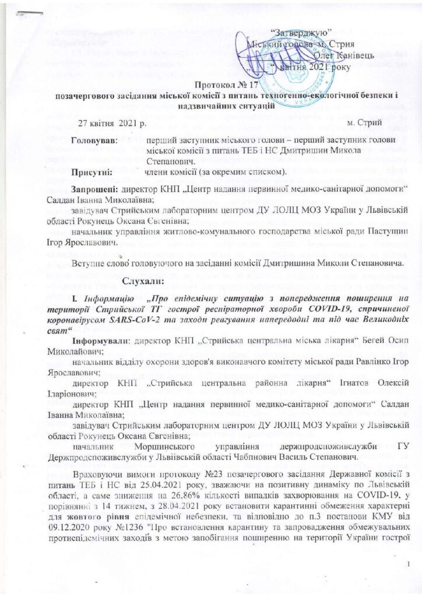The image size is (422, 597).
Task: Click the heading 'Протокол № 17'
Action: click(x=211, y=85)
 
